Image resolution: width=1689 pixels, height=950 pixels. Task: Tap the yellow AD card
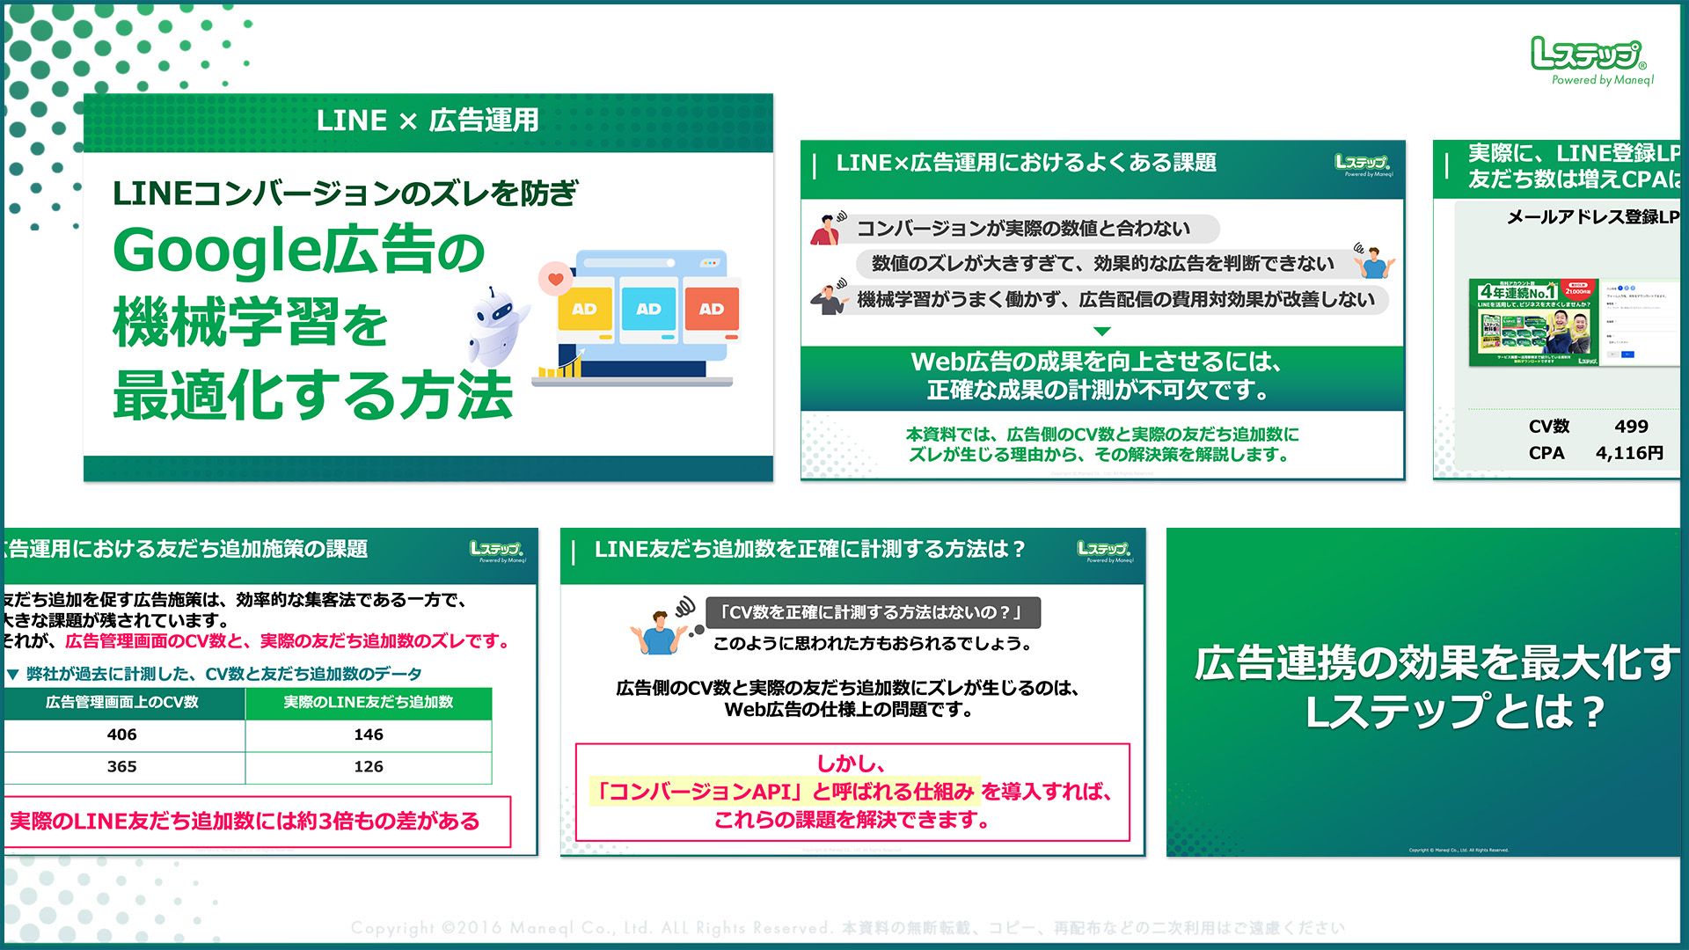pyautogui.click(x=584, y=309)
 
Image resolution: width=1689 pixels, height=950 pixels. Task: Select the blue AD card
pyautogui.click(x=648, y=309)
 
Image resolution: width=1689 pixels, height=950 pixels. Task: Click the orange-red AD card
pyautogui.click(x=712, y=309)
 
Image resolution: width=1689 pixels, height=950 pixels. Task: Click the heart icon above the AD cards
pyautogui.click(x=555, y=280)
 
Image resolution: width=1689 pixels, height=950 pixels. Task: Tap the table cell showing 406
pyautogui.click(x=122, y=734)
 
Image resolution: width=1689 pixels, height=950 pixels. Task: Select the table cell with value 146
pyautogui.click(x=368, y=734)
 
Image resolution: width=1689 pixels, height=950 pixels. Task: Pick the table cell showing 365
pyautogui.click(x=122, y=766)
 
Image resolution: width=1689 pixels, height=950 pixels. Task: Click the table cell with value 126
pyautogui.click(x=368, y=766)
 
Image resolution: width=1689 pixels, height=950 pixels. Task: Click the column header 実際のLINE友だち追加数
pyautogui.click(x=368, y=702)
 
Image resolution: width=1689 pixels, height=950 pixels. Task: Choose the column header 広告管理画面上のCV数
pyautogui.click(x=122, y=702)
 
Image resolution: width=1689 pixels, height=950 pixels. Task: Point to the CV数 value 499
pyautogui.click(x=1631, y=427)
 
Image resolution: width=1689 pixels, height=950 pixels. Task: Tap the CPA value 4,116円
pyautogui.click(x=1629, y=453)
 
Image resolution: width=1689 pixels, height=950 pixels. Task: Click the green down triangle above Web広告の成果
pyautogui.click(x=1101, y=332)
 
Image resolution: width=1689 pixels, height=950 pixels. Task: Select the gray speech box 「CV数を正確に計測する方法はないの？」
pyautogui.click(x=872, y=612)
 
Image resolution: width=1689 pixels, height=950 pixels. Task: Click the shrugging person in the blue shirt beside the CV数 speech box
pyautogui.click(x=658, y=632)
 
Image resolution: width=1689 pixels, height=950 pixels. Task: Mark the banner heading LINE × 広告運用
pyautogui.click(x=428, y=121)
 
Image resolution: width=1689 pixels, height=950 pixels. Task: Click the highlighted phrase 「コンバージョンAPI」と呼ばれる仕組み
pyautogui.click(x=783, y=792)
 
